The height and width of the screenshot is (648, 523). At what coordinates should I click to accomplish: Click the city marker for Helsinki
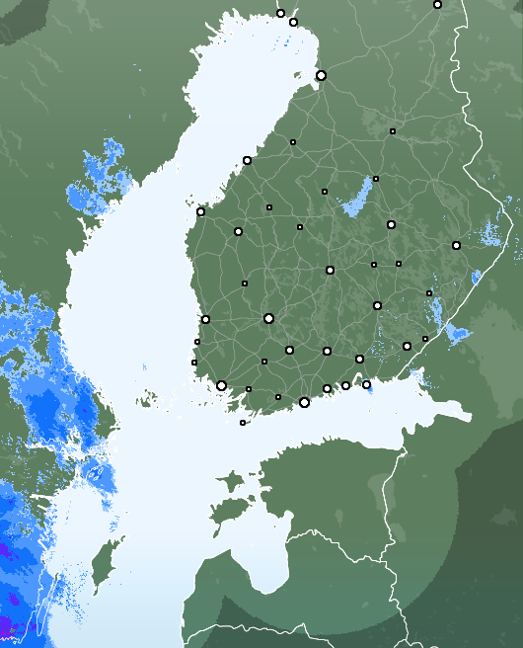pyautogui.click(x=304, y=402)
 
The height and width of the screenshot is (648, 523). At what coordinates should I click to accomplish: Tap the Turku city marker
pyautogui.click(x=221, y=385)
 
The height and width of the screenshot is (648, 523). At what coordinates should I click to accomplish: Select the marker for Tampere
pyautogui.click(x=268, y=318)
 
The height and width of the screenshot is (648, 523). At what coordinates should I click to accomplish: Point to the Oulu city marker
pyautogui.click(x=321, y=75)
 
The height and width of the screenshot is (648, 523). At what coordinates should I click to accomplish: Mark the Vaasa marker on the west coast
pyautogui.click(x=200, y=211)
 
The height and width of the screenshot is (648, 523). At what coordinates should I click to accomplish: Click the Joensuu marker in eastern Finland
pyautogui.click(x=456, y=245)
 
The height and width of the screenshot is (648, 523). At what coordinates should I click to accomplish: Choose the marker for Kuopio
pyautogui.click(x=391, y=224)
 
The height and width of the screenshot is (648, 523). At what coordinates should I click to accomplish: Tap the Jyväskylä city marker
pyautogui.click(x=330, y=270)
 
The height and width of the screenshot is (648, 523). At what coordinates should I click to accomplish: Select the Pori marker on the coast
pyautogui.click(x=205, y=319)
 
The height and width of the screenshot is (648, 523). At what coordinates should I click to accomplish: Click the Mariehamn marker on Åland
pyautogui.click(x=243, y=423)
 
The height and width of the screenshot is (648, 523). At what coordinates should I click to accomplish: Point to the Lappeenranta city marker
pyautogui.click(x=407, y=346)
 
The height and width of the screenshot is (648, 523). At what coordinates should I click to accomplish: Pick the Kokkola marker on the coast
pyautogui.click(x=247, y=160)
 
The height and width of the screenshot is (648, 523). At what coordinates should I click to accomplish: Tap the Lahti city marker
pyautogui.click(x=327, y=351)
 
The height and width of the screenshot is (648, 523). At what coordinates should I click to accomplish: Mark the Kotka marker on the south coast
pyautogui.click(x=366, y=384)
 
